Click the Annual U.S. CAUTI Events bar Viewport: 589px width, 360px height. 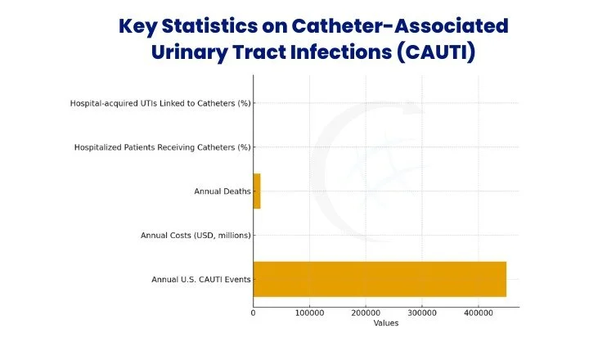pos(379,279)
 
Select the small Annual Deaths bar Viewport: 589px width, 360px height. pos(257,191)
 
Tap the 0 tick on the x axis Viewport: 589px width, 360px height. pos(253,313)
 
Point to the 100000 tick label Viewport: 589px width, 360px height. pos(309,313)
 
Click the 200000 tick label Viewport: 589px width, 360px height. pos(366,313)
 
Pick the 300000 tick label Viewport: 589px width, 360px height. pos(422,313)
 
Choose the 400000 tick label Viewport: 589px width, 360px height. pos(479,313)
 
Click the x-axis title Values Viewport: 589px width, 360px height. pos(385,322)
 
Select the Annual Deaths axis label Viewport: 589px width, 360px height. pos(222,191)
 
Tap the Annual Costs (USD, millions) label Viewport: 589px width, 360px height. pos(196,236)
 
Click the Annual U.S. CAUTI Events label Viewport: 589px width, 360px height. pos(200,280)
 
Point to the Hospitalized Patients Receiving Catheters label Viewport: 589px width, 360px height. pos(162,147)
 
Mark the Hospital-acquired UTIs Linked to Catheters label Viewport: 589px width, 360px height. pos(160,103)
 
